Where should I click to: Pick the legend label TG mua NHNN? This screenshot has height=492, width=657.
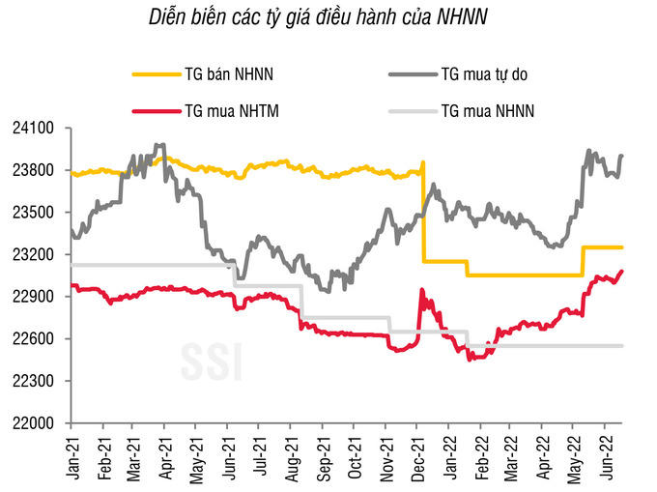[487, 111]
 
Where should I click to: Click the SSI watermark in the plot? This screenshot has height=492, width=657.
[211, 361]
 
